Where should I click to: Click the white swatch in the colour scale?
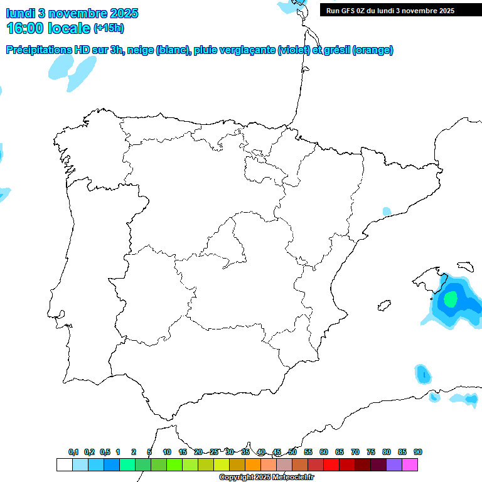point(64,464)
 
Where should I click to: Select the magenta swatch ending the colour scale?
point(410,464)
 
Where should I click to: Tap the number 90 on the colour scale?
point(418,452)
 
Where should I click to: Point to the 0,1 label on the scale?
point(73,452)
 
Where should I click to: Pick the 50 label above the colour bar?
point(292,452)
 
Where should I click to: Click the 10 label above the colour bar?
point(167,452)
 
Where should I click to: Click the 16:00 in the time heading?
point(26,28)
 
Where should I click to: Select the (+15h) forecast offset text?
point(109,28)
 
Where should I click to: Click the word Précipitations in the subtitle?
point(37,50)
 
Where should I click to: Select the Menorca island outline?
point(466,267)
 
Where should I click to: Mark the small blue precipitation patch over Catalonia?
point(387,212)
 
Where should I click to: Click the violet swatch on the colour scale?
point(394,464)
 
